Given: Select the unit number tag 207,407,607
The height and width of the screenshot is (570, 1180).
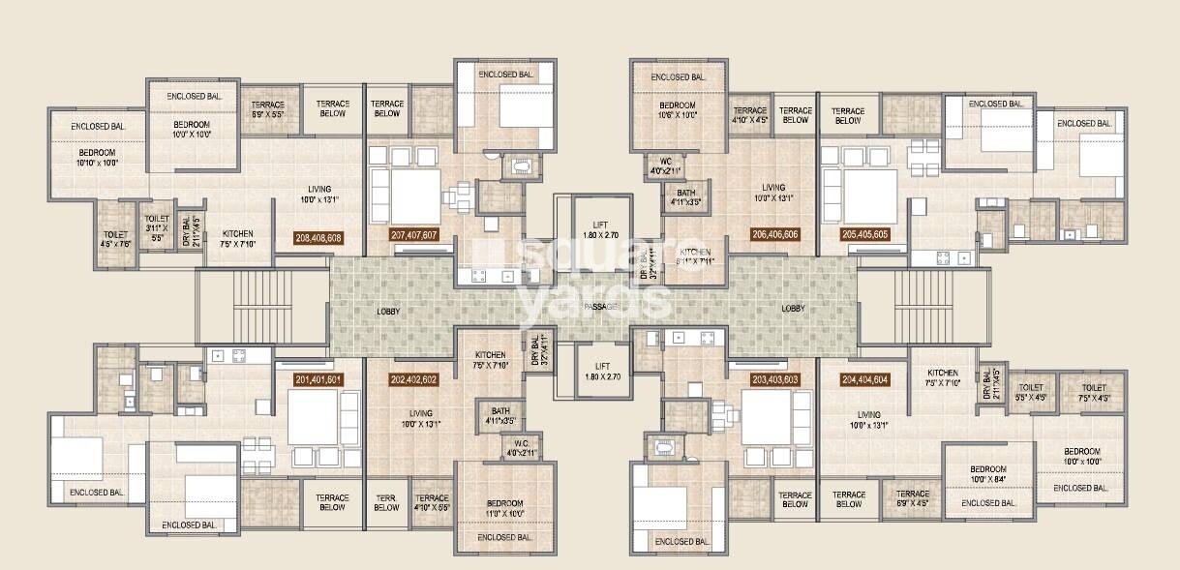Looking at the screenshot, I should pyautogui.click(x=414, y=235).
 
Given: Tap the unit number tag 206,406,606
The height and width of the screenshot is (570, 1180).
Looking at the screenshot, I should pyautogui.click(x=774, y=234).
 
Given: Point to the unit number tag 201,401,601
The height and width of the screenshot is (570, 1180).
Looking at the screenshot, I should pyautogui.click(x=318, y=379).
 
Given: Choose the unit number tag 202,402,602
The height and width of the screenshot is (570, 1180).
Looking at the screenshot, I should pyautogui.click(x=413, y=379).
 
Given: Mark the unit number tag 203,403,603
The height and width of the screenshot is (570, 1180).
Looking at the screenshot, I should pyautogui.click(x=775, y=379).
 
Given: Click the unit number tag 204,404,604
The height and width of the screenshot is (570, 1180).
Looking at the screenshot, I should pyautogui.click(x=865, y=379).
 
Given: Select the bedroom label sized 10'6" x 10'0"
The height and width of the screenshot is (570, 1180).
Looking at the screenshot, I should pyautogui.click(x=678, y=109).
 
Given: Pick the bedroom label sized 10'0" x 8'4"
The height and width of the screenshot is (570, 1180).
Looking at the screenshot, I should pyautogui.click(x=988, y=472).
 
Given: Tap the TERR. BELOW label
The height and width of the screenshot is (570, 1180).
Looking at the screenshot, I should pyautogui.click(x=386, y=502).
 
